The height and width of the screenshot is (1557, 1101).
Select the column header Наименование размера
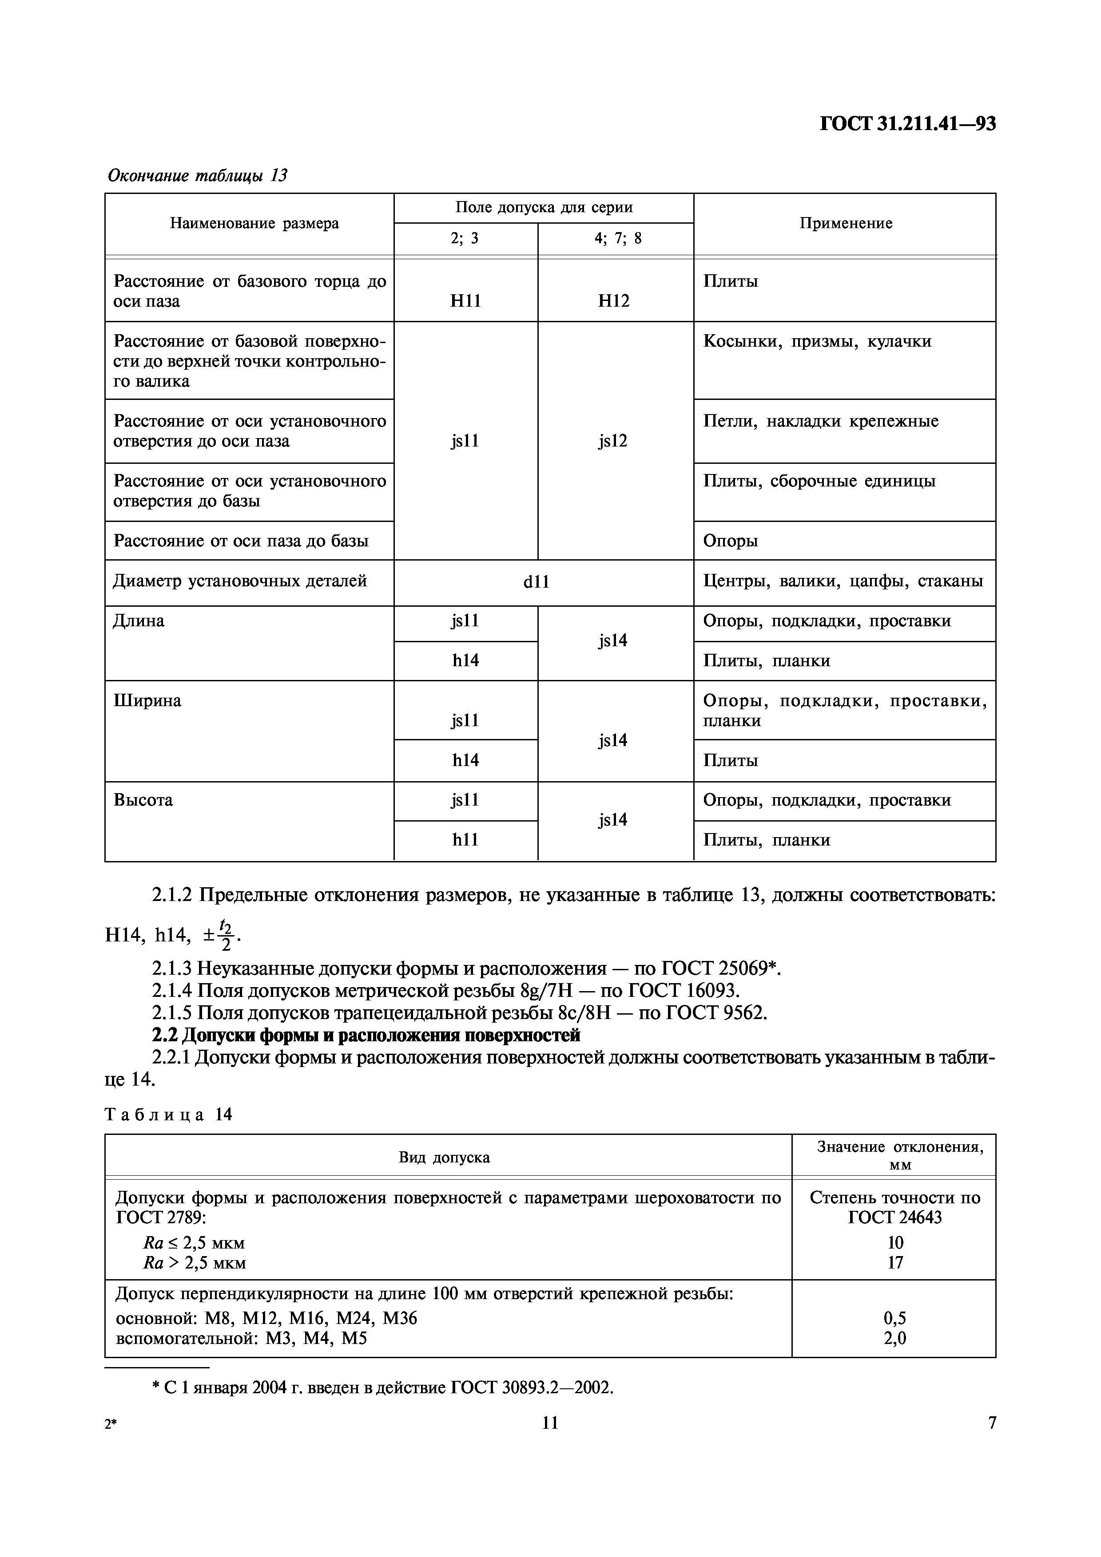(x=254, y=224)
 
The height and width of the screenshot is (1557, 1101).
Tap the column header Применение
(x=845, y=224)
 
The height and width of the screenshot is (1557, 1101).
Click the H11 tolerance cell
(x=465, y=301)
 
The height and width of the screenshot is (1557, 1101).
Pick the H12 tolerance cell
(x=614, y=301)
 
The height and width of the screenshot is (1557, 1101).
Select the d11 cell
(x=537, y=581)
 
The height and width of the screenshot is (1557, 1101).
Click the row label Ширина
(x=147, y=700)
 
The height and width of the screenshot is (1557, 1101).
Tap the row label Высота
(x=143, y=800)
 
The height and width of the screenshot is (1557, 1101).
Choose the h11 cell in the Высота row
(x=465, y=840)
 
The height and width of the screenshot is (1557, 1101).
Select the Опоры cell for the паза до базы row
(x=731, y=541)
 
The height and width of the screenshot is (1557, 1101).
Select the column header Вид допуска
(x=444, y=1157)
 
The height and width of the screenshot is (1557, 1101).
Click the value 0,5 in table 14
(x=895, y=1318)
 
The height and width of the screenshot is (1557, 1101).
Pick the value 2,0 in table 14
(x=895, y=1338)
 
